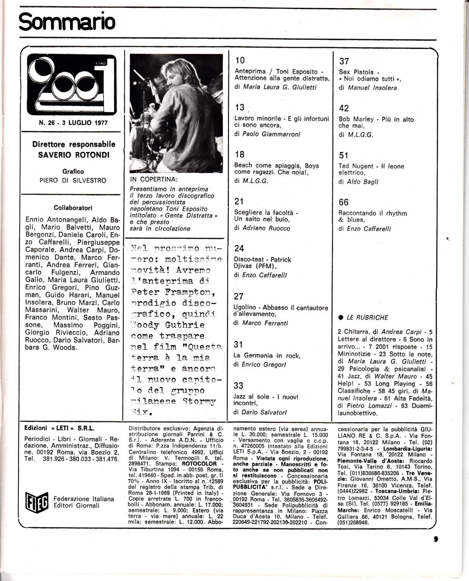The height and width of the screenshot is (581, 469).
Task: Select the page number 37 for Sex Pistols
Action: pos(344,61)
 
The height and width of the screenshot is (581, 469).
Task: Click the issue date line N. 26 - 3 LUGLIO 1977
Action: pos(73,123)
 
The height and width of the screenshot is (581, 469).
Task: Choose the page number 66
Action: pos(344,202)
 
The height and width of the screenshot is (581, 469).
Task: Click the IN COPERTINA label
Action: pos(154,180)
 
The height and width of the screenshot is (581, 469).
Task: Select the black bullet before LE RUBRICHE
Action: pos(341,317)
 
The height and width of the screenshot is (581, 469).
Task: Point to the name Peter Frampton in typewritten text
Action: pos(171,291)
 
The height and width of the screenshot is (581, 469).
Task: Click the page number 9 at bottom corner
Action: pos(436,538)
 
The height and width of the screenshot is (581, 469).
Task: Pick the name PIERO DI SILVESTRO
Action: pos(73,180)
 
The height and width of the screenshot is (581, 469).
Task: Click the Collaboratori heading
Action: pos(73,208)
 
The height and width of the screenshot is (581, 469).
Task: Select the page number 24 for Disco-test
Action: pos(239,248)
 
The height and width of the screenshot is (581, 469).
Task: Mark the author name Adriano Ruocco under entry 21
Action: pos(266,228)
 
